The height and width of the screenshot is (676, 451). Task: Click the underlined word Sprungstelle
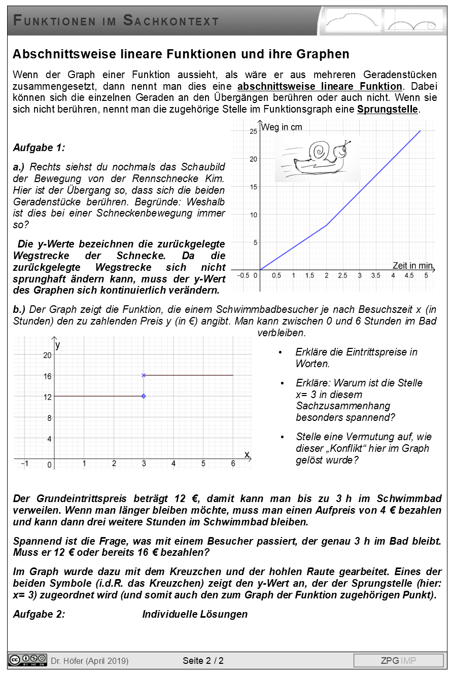(x=388, y=110)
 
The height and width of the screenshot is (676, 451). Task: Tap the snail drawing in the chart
(x=318, y=159)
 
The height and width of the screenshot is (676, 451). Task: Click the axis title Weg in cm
(x=282, y=127)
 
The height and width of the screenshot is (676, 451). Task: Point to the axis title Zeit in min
(x=412, y=265)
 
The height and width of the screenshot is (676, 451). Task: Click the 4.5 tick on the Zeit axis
(x=409, y=275)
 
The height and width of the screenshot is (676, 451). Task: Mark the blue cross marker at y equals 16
(x=144, y=375)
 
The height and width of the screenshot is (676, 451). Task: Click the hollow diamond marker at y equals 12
(x=144, y=396)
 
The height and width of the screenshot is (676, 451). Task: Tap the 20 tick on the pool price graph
(x=47, y=355)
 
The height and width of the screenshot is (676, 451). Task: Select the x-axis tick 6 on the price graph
(x=233, y=464)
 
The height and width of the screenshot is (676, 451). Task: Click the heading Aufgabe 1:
(x=39, y=148)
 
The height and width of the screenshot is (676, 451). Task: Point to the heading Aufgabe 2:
(x=39, y=614)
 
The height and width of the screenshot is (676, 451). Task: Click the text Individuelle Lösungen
(x=195, y=614)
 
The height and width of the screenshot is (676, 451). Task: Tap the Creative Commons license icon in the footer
(x=28, y=660)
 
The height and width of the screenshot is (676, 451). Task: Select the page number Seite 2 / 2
(x=203, y=661)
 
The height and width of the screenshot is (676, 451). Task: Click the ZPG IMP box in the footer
(x=398, y=660)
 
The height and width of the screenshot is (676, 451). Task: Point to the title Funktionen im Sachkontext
(x=116, y=21)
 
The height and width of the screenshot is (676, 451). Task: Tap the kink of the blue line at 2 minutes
(x=326, y=225)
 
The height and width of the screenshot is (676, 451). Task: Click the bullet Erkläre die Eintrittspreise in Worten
(x=356, y=358)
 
